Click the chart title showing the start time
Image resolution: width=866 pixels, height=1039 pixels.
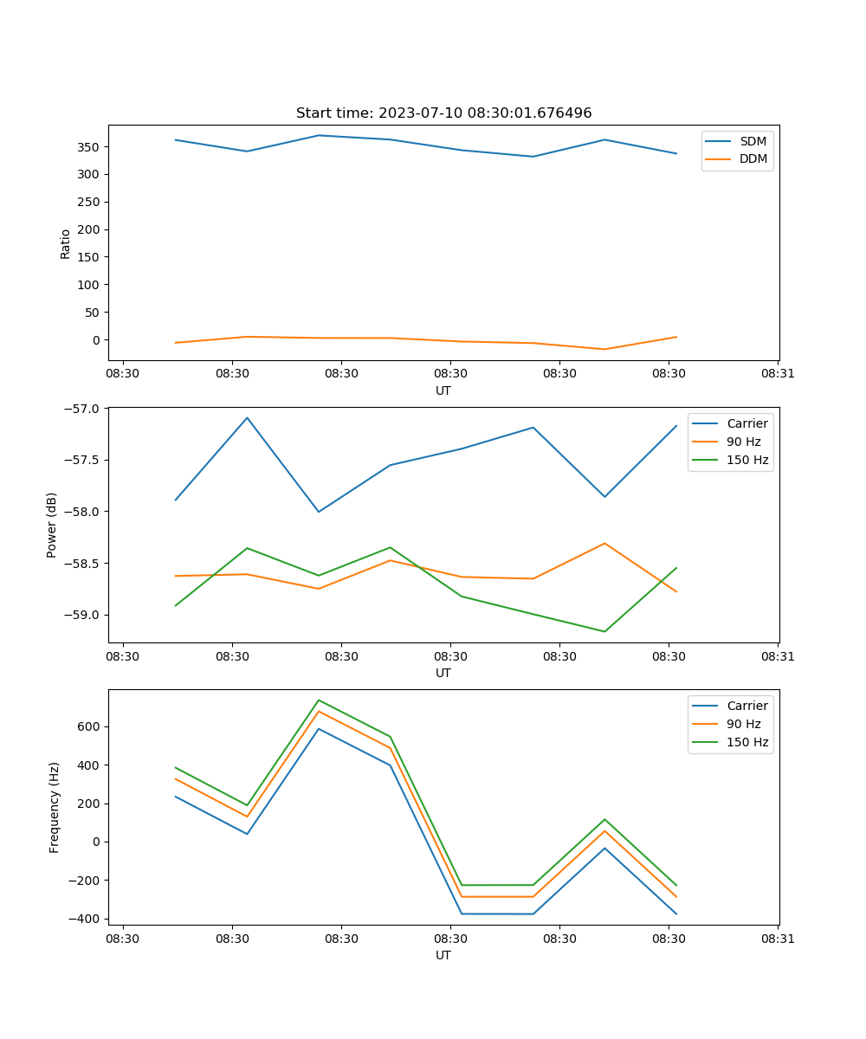[x=443, y=113]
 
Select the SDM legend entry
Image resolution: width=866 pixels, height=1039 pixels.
[x=753, y=141]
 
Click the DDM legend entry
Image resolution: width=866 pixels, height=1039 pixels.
[x=753, y=158]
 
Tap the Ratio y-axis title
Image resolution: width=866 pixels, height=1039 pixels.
[x=66, y=244]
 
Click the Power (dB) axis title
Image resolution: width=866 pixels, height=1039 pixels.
[x=52, y=525]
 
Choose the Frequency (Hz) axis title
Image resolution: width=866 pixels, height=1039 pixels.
[x=54, y=807]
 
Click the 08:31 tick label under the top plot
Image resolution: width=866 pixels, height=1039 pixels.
[x=778, y=374]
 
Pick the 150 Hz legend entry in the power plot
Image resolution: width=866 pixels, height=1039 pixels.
[x=747, y=460]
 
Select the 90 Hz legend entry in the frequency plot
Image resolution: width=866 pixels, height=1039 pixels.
[x=743, y=724]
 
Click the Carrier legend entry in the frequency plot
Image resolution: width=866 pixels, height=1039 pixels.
[x=746, y=706]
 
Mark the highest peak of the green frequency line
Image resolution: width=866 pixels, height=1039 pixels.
[x=319, y=700]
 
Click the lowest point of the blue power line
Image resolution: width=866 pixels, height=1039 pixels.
[x=319, y=512]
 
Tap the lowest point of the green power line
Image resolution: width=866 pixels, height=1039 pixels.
[x=604, y=631]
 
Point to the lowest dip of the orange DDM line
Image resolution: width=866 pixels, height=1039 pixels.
[x=604, y=349]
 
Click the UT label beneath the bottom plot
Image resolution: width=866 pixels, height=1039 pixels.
[x=443, y=955]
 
